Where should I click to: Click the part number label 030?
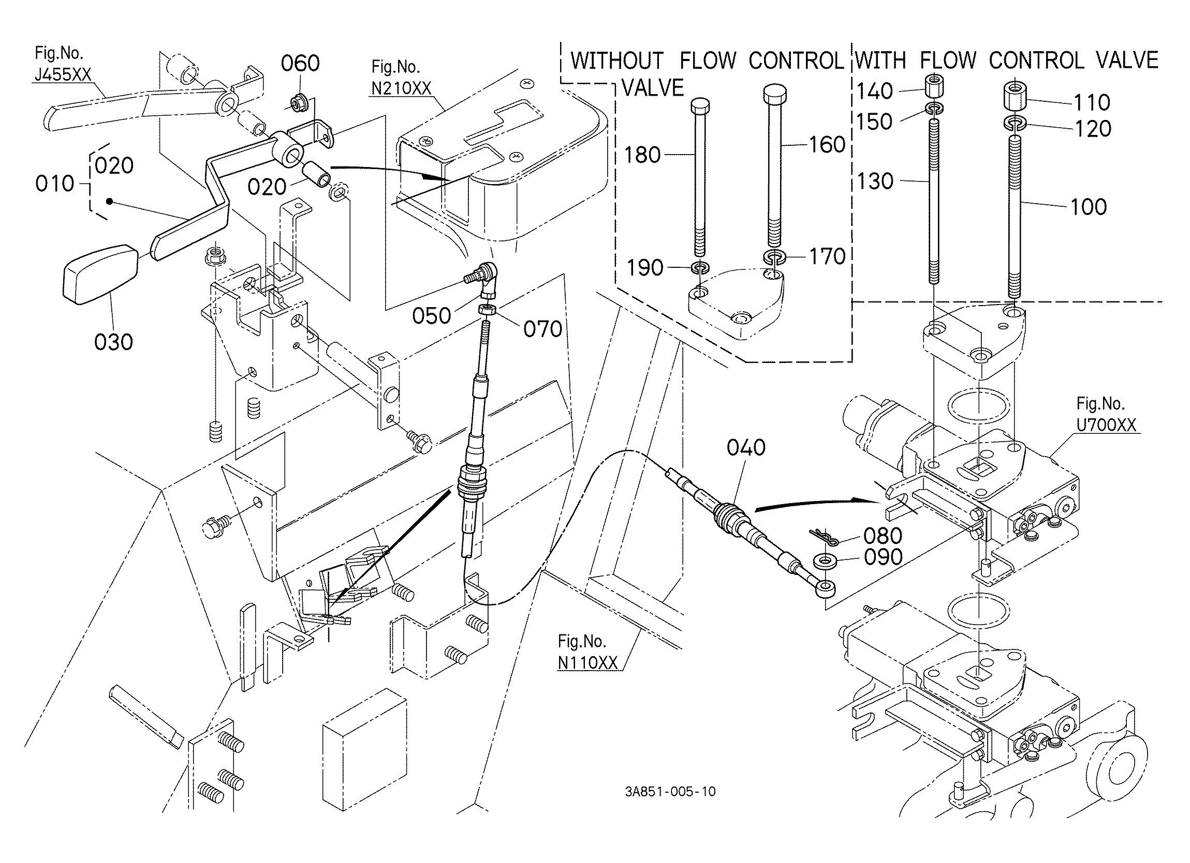(x=113, y=342)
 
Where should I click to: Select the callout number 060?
(x=300, y=64)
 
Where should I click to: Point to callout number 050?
(x=431, y=315)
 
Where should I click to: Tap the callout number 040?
(x=745, y=447)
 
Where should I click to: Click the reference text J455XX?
(x=63, y=75)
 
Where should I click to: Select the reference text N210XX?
(x=401, y=88)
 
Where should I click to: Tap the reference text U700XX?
(x=1106, y=425)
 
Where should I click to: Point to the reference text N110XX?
(x=588, y=663)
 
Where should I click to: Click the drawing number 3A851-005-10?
(x=670, y=806)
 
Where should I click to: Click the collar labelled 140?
(x=933, y=87)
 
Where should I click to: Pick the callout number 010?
(x=55, y=184)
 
